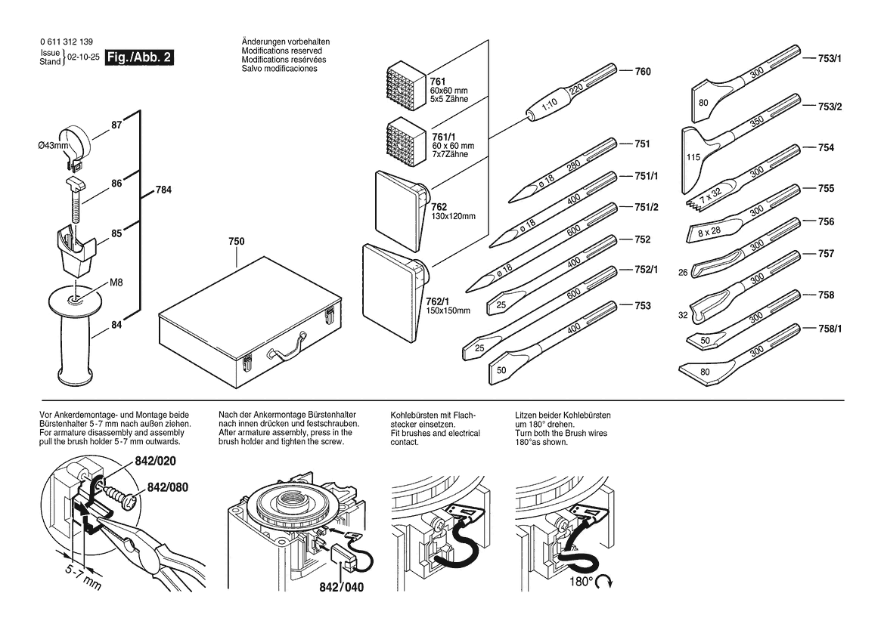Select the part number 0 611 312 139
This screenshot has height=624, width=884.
pyautogui.click(x=67, y=42)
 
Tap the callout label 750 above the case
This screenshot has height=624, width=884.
pyautogui.click(x=237, y=241)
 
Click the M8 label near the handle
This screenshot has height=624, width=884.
pyautogui.click(x=116, y=283)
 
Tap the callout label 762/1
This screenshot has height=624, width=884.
pyautogui.click(x=439, y=301)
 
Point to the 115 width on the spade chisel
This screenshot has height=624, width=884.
pyautogui.click(x=690, y=158)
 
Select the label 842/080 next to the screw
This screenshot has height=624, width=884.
pyautogui.click(x=167, y=487)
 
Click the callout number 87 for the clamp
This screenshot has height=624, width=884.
pyautogui.click(x=116, y=125)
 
